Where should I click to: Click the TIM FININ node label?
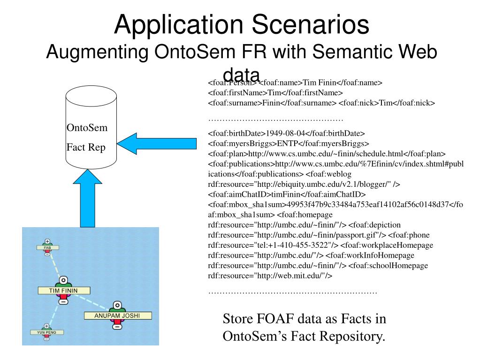pyautogui.click(x=63, y=291)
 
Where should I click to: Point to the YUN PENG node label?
pyautogui.click(x=47, y=332)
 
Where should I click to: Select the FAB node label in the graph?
pyautogui.click(x=47, y=247)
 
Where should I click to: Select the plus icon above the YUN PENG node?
pyautogui.click(x=46, y=325)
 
